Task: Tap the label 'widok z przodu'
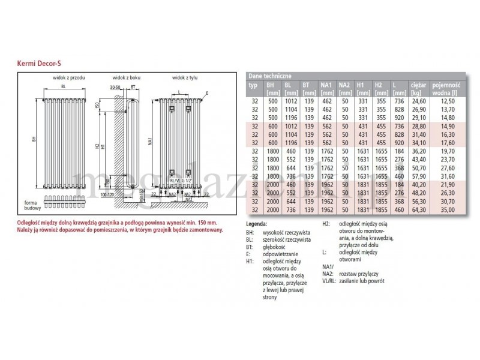(x=67, y=78)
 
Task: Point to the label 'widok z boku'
(x=126, y=78)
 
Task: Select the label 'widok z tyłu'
(x=185, y=78)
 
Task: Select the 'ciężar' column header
(x=418, y=85)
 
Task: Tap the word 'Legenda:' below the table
(x=257, y=224)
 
